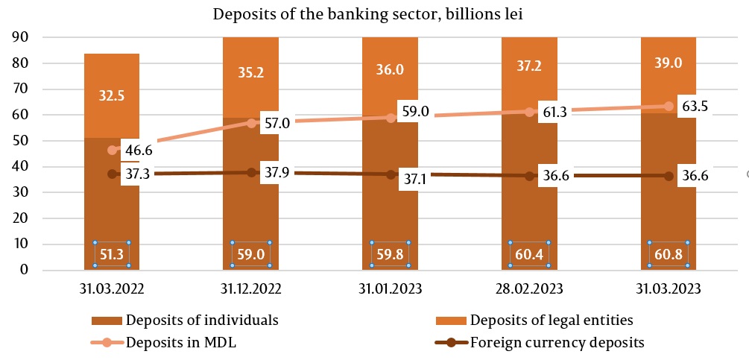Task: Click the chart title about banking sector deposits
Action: [x=374, y=15]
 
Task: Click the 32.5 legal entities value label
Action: [x=112, y=95]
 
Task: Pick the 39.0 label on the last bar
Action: [x=669, y=63]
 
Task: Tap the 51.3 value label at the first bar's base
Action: [x=112, y=255]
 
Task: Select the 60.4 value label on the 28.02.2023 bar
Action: [x=529, y=255]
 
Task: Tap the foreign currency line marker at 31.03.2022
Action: [x=112, y=174]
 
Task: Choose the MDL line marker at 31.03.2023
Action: [x=669, y=107]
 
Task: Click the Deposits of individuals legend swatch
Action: [x=107, y=320]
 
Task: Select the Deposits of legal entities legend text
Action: [x=551, y=320]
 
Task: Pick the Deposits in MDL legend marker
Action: [x=107, y=343]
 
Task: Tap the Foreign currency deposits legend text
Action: [x=557, y=343]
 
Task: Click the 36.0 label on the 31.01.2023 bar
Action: [x=390, y=69]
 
